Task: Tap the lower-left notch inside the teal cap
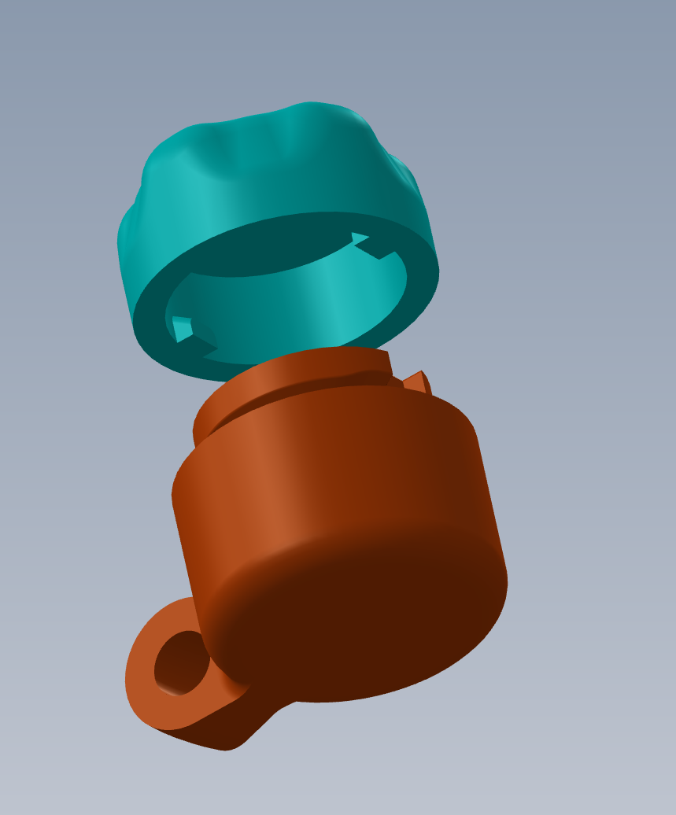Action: point(193,334)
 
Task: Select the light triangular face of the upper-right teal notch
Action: point(360,238)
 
